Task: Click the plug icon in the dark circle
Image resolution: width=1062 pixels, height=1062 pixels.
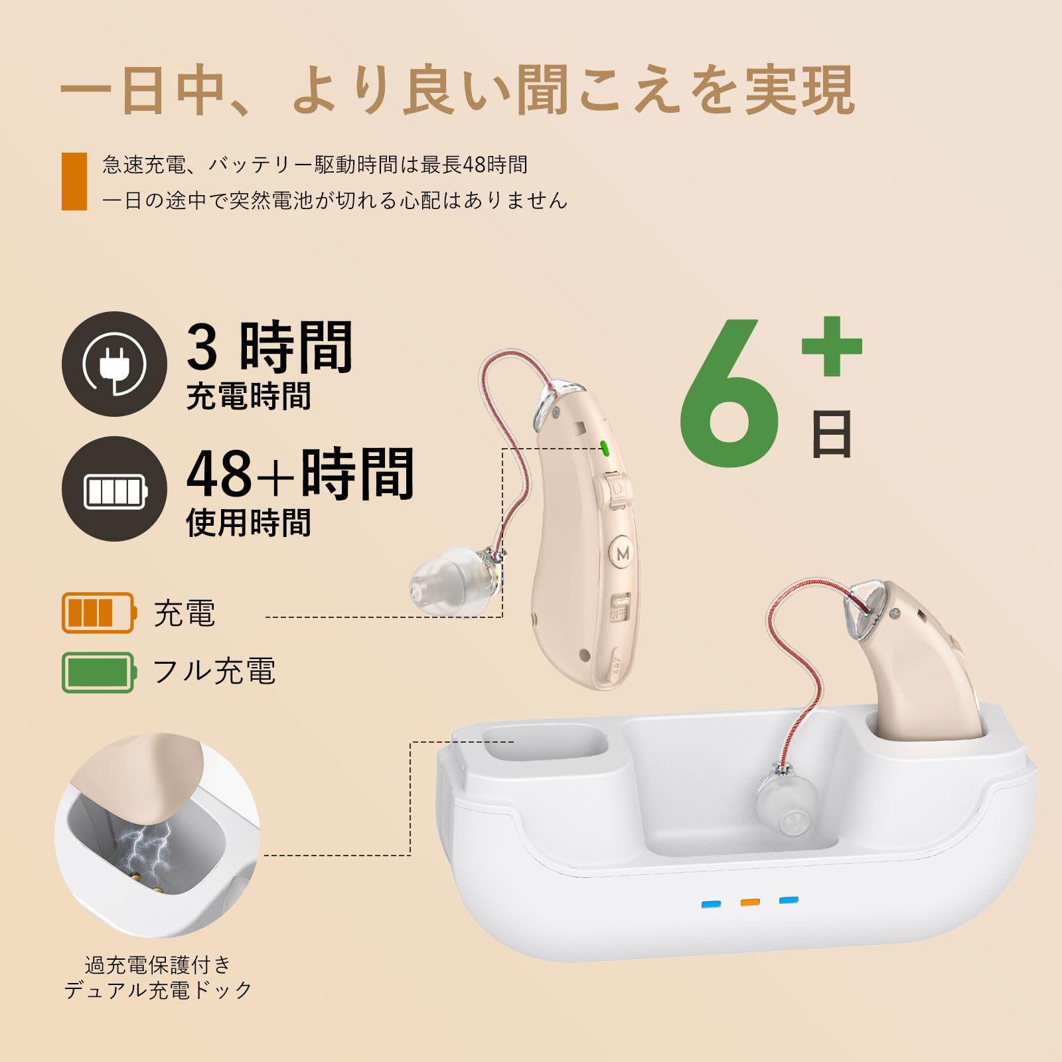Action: [x=114, y=364]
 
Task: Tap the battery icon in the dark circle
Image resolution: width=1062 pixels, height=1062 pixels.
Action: [x=114, y=491]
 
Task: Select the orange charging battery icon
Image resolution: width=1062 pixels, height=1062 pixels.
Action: [x=99, y=613]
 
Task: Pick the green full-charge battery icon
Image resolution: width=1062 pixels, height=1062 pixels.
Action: [x=99, y=672]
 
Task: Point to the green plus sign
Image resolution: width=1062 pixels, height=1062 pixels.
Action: [x=832, y=346]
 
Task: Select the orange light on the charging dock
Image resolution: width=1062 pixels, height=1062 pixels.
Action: [x=750, y=902]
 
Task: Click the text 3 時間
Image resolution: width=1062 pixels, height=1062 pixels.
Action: [x=269, y=346]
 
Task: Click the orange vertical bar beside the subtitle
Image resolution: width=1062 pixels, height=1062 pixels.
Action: [x=74, y=181]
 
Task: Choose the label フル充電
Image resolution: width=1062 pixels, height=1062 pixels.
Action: [x=214, y=671]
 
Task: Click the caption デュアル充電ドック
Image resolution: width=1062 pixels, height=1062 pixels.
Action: [x=158, y=990]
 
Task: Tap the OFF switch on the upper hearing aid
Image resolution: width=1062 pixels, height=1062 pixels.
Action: [x=619, y=607]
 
